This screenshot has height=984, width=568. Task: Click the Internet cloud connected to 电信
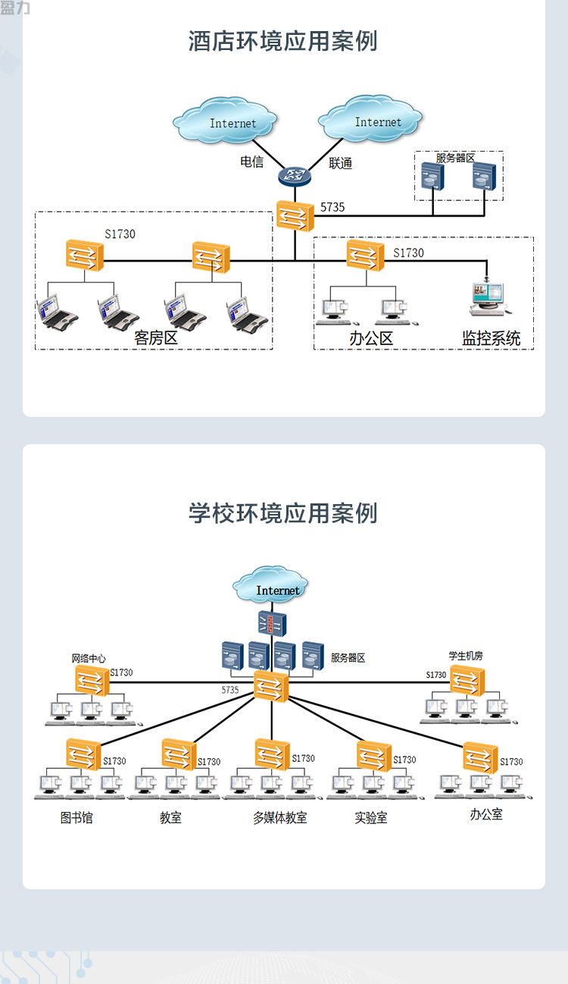tap(225, 120)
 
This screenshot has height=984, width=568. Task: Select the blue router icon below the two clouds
tap(295, 176)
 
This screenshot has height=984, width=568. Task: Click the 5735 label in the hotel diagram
tap(332, 207)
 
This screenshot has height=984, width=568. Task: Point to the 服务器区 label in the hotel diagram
tap(455, 158)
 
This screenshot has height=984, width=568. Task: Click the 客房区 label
tap(156, 338)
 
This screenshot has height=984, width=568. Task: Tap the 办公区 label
tap(371, 338)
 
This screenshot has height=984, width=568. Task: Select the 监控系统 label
tap(492, 338)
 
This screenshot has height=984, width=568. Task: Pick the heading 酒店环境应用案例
tap(283, 41)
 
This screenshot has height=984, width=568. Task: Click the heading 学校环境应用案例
tap(283, 512)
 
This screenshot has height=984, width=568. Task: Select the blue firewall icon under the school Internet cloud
tap(272, 623)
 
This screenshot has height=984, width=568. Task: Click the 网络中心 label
tap(88, 658)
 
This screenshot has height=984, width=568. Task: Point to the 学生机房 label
tap(465, 656)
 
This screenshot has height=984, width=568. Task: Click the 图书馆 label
tap(76, 817)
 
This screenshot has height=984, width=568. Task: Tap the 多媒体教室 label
tap(279, 817)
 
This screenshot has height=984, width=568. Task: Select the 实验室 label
tap(371, 817)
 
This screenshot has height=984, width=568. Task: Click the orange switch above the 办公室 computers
tap(480, 757)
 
